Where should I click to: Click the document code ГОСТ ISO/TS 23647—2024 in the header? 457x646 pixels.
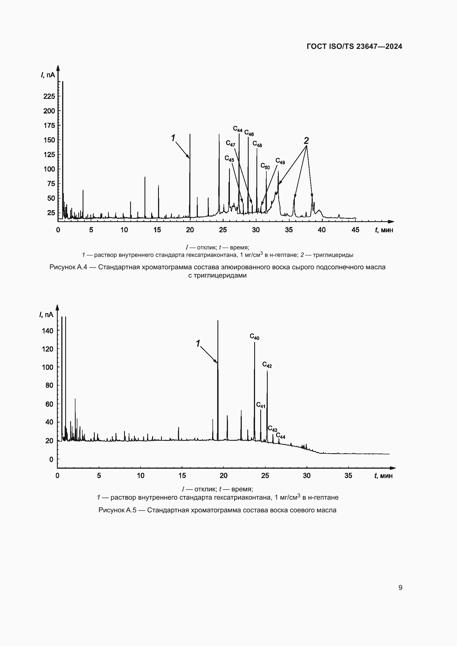(354, 46)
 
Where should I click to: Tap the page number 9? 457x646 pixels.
(400, 587)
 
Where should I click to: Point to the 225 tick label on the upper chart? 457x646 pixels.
(49, 96)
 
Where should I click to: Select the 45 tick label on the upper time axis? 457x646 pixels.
(355, 230)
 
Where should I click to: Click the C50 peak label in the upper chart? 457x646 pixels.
(265, 166)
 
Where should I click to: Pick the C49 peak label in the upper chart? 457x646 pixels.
(280, 161)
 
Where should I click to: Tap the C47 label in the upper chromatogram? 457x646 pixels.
(230, 144)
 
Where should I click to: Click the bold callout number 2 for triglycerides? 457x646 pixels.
(306, 140)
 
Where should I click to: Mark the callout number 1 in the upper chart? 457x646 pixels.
(173, 138)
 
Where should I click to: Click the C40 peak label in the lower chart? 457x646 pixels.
(254, 336)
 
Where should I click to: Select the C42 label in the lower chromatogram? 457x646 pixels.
(267, 365)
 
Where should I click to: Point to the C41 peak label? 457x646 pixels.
(261, 405)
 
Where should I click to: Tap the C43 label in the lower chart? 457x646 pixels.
(272, 429)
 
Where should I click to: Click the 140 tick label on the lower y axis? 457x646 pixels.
(48, 331)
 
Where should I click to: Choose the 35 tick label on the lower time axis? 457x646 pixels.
(348, 476)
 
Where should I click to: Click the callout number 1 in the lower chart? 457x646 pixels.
(198, 343)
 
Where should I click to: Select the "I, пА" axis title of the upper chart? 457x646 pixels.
(48, 75)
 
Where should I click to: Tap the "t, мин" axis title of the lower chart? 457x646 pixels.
(383, 476)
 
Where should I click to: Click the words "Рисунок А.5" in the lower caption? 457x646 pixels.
(117, 510)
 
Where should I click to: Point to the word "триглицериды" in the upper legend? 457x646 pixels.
(333, 255)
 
